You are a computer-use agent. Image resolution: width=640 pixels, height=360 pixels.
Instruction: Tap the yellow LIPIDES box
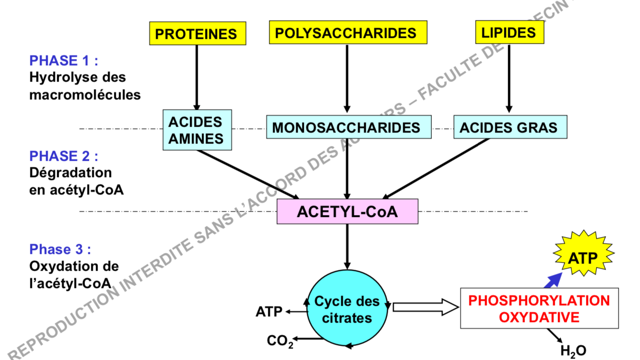click(x=509, y=32)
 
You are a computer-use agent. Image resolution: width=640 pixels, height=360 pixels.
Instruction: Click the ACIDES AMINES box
click(x=196, y=130)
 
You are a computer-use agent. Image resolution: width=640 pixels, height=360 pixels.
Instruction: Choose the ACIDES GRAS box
click(x=509, y=127)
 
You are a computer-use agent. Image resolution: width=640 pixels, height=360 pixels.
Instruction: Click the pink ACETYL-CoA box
click(x=347, y=212)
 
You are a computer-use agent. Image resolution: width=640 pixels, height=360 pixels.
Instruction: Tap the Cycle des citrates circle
click(x=347, y=310)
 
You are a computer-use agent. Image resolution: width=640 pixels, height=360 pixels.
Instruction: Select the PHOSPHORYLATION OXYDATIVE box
click(x=539, y=309)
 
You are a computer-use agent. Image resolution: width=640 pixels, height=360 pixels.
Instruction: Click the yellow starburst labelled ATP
click(x=583, y=259)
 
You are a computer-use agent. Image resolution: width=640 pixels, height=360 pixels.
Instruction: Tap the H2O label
click(x=573, y=351)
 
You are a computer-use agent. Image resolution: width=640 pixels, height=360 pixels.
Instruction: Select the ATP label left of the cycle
click(x=269, y=312)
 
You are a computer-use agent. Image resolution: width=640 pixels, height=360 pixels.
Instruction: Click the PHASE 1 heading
click(x=63, y=61)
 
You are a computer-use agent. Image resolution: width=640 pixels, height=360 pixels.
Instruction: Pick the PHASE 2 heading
click(x=63, y=156)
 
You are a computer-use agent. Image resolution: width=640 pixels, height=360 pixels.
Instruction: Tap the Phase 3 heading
click(x=60, y=250)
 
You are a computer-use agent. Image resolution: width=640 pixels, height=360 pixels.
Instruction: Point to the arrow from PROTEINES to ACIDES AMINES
click(x=197, y=77)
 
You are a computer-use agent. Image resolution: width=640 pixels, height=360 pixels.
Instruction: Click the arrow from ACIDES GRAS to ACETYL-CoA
click(x=437, y=168)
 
